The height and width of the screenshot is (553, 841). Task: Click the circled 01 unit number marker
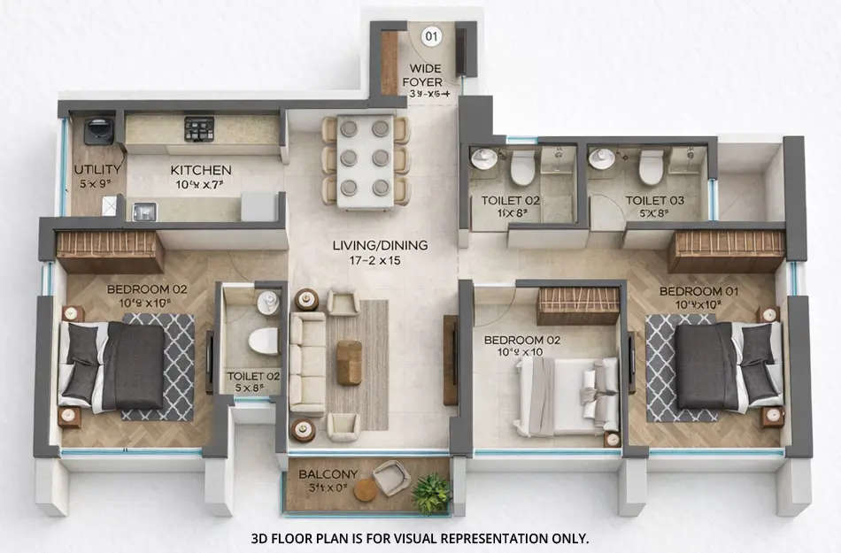431,36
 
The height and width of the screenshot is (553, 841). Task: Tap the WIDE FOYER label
422,76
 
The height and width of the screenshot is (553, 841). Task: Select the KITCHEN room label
201,170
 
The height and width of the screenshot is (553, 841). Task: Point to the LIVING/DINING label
380,245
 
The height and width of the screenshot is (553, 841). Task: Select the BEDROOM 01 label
691,290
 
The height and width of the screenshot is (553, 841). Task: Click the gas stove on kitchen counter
199,129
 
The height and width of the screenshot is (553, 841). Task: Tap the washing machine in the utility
98,130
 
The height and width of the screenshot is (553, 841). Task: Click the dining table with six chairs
366,160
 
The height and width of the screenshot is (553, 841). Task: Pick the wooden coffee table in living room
349,363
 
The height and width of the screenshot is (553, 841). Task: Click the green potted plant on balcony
431,493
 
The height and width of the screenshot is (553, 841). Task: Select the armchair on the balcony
391,478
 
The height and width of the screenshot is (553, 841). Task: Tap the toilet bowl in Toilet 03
652,165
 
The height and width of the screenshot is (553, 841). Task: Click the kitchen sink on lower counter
143,211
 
